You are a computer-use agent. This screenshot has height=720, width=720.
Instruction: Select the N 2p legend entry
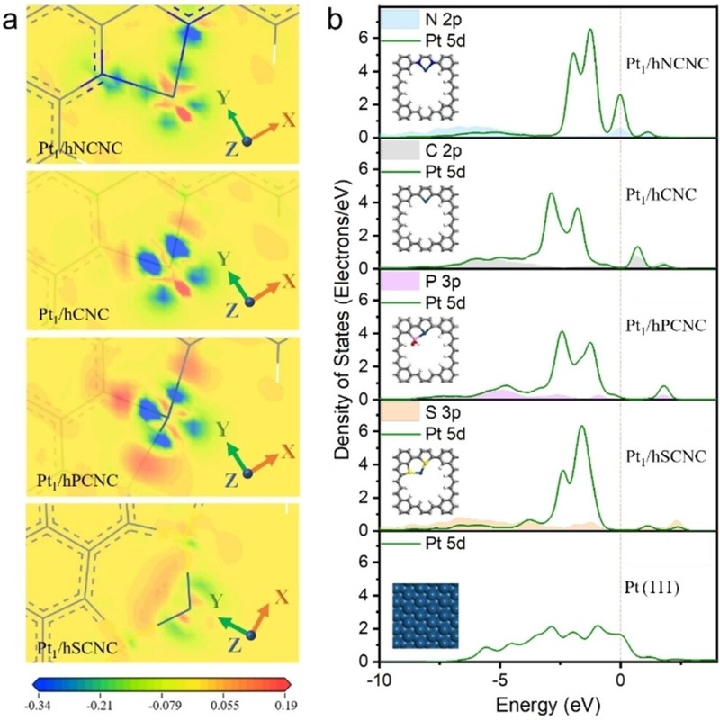tap(441, 17)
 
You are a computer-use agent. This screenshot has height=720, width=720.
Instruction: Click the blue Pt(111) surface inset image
tap(427, 615)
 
